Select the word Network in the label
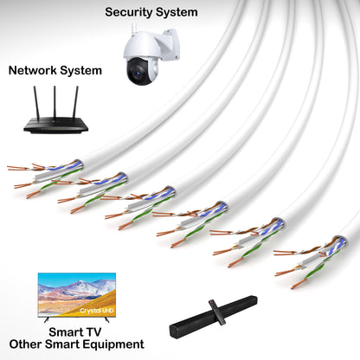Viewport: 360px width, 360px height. (x=35, y=70)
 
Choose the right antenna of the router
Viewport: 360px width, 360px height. (x=74, y=100)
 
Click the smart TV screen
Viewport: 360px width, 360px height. (x=76, y=295)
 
